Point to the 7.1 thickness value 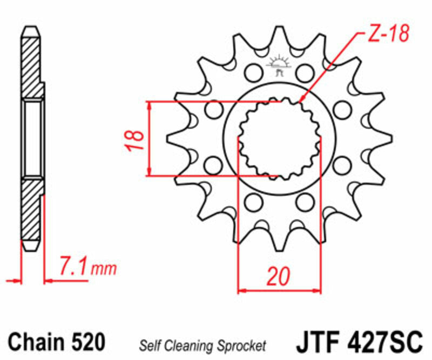tap(73, 267)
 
